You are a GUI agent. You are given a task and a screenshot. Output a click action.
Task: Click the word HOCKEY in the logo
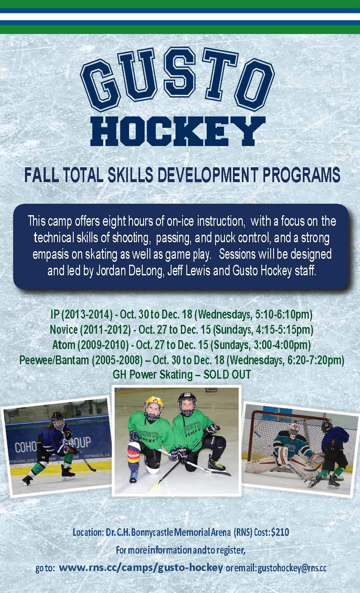click(178, 131)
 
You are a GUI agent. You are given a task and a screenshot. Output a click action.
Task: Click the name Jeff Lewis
click(189, 271)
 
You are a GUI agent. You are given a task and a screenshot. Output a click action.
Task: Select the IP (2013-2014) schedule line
click(182, 314)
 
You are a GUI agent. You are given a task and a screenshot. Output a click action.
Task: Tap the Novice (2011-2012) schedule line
click(182, 330)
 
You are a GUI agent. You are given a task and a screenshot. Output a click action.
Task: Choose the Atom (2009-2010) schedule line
click(182, 345)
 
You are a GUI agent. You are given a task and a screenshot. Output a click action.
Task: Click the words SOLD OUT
click(227, 374)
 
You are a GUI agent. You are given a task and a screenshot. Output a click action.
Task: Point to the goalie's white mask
click(293, 429)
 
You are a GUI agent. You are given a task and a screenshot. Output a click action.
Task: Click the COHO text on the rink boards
click(26, 446)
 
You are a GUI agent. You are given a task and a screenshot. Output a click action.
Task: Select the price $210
click(280, 532)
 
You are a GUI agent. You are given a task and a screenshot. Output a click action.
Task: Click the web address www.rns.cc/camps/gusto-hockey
click(141, 568)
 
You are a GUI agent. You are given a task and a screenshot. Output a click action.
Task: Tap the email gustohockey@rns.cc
click(292, 568)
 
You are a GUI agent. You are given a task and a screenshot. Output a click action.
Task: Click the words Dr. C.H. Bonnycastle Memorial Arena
click(169, 532)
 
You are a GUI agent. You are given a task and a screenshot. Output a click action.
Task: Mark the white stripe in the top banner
click(180, 17)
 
